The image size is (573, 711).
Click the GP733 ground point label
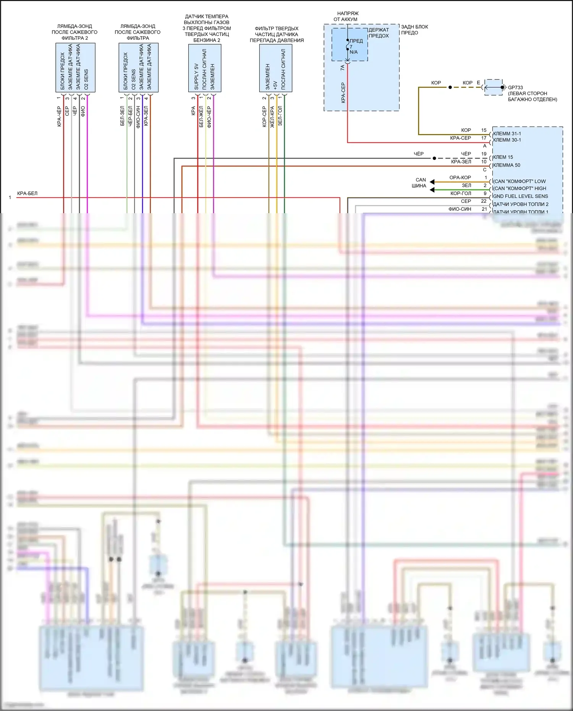point(515,87)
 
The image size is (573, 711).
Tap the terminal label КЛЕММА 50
point(507,165)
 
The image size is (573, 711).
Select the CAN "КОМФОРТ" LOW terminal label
point(520,181)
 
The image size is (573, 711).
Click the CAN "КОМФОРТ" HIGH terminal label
point(520,188)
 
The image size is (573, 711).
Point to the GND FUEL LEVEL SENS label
point(520,196)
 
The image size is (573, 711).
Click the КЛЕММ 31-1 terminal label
point(507,134)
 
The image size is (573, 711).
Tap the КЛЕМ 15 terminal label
point(503,157)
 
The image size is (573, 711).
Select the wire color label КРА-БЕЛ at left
point(28,194)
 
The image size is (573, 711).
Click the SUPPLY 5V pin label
point(196,76)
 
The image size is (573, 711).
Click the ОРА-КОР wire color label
point(460,178)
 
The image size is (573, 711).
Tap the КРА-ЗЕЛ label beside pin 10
point(461,162)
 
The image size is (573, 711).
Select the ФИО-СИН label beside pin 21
point(460,209)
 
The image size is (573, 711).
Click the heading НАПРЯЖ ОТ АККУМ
point(347,16)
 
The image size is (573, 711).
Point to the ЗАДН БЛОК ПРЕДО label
point(414,30)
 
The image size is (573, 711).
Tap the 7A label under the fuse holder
point(343,68)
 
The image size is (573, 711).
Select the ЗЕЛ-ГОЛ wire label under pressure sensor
point(280,116)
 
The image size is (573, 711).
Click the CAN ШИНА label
point(419,183)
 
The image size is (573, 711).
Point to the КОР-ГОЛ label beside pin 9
point(461,194)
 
